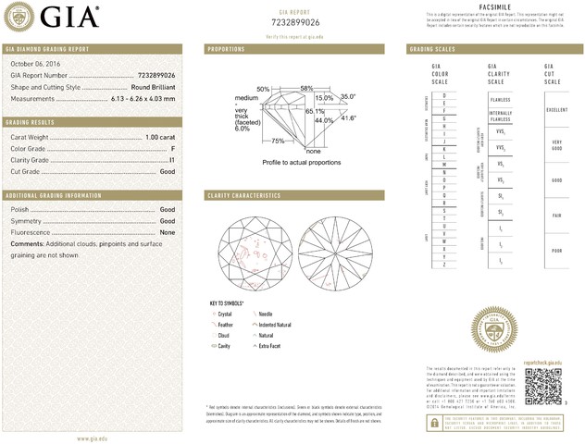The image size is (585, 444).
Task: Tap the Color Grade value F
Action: [x=173, y=149]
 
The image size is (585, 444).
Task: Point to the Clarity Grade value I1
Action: [x=172, y=160]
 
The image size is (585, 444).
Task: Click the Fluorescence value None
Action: [x=168, y=232]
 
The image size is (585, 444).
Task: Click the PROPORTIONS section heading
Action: [x=226, y=48]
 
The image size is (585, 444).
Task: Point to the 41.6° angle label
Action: [x=349, y=118]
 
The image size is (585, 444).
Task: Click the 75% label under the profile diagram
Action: [x=278, y=141]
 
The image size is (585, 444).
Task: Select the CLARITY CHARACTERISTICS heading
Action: [x=243, y=196]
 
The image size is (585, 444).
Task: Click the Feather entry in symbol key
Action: [x=227, y=325]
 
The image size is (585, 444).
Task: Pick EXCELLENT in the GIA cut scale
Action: [x=555, y=110]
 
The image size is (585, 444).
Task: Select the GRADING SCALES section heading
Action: [x=433, y=48]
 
